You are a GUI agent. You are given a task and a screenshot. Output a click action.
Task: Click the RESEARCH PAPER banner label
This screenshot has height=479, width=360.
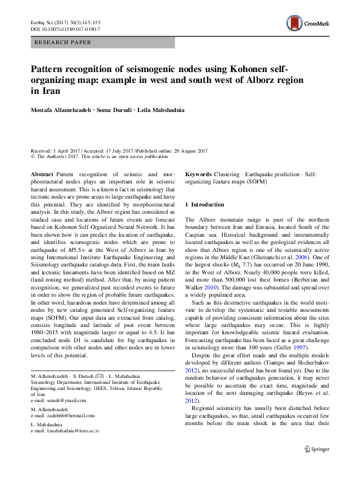coord(64,42)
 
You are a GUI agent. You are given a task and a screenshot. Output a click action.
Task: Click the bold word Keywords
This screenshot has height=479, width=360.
coord(198,174)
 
